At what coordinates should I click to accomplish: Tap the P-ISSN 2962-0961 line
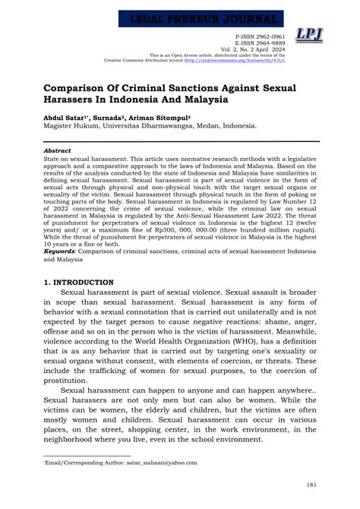261,36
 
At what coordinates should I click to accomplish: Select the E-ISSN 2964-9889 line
261,43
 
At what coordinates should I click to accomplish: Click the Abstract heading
57,150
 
